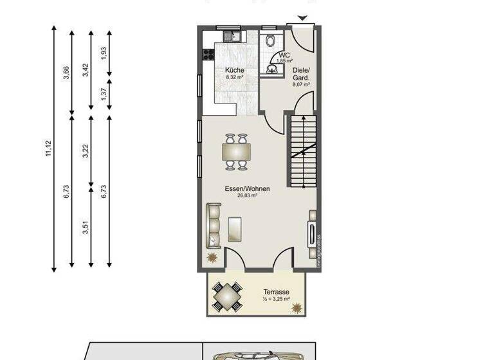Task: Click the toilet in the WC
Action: pos(271,42)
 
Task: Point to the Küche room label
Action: pos(234,70)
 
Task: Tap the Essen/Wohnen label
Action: pos(247,189)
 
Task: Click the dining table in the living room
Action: pos(236,152)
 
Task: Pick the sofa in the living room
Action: pos(213,224)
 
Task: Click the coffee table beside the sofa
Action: pos(235,228)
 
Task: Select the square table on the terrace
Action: pos(227,296)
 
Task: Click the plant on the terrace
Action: pos(297,309)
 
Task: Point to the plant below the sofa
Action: pos(212,258)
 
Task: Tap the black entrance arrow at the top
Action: pos(303,19)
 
